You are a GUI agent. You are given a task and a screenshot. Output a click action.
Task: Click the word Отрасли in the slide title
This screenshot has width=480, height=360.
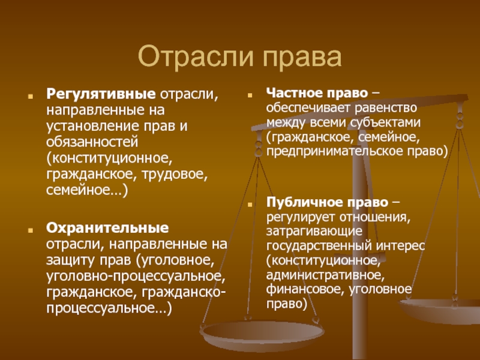click(x=196, y=57)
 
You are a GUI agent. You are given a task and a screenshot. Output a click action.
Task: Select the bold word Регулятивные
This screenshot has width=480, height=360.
click(x=101, y=94)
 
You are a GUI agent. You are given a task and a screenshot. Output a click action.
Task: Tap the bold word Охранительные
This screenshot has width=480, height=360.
click(x=107, y=228)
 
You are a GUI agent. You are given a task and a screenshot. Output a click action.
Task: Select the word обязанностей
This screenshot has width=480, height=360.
click(x=92, y=142)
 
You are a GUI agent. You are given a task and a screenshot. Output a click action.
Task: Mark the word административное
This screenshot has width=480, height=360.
click(x=325, y=275)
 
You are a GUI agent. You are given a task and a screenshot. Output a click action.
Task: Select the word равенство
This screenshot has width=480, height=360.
click(x=386, y=108)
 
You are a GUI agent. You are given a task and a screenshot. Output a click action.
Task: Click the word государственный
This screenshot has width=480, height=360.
click(x=319, y=246)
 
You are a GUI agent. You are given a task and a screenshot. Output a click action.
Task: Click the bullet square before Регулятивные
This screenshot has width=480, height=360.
click(x=31, y=96)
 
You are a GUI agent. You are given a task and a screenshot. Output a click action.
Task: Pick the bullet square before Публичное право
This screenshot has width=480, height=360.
click(x=250, y=204)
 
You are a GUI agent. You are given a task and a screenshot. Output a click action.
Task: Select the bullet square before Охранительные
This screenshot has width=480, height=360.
click(x=31, y=230)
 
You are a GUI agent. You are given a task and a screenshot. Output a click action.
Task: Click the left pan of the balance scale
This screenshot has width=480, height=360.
click(x=262, y=332)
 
